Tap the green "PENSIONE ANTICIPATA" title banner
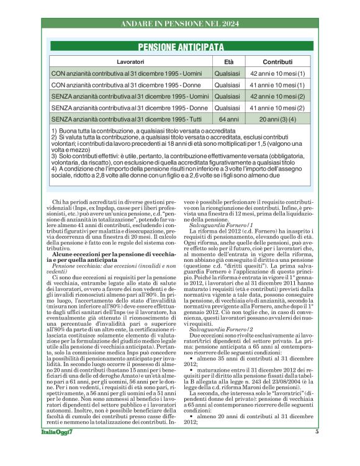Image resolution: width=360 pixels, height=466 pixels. pyautogui.click(x=181, y=47)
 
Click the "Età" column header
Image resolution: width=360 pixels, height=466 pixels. pyautogui.click(x=228, y=63)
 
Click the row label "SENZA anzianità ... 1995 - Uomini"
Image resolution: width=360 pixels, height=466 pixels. pyautogui.click(x=130, y=96)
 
